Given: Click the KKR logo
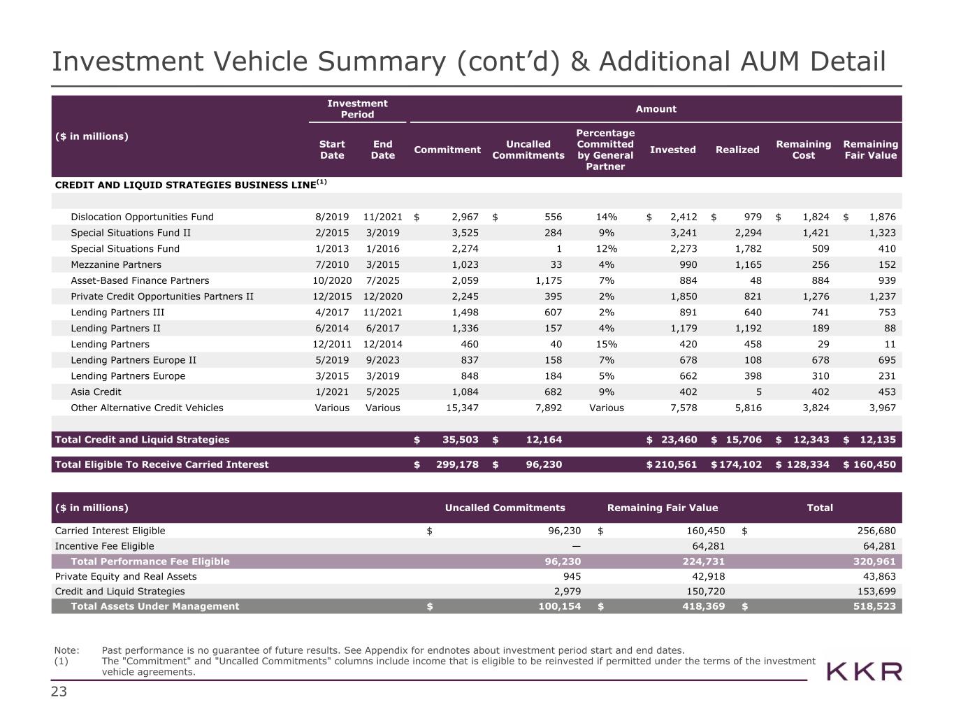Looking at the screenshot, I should click(865, 672).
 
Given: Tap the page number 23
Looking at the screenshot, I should click(59, 692).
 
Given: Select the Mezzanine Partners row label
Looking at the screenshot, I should click(116, 265).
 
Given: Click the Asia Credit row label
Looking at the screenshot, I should click(96, 392).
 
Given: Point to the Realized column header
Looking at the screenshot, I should click(737, 150).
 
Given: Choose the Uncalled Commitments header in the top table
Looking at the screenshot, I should click(528, 150).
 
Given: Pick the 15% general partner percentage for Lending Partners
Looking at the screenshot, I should click(606, 344).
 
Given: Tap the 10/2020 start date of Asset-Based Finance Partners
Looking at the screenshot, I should click(332, 280).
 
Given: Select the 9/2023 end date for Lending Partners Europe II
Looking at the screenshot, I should click(382, 360).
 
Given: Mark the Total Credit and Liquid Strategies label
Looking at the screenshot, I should click(142, 440).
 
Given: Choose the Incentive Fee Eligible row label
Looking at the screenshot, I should click(104, 546).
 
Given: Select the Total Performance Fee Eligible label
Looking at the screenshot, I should click(150, 561).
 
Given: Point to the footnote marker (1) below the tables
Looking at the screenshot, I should click(62, 661).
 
